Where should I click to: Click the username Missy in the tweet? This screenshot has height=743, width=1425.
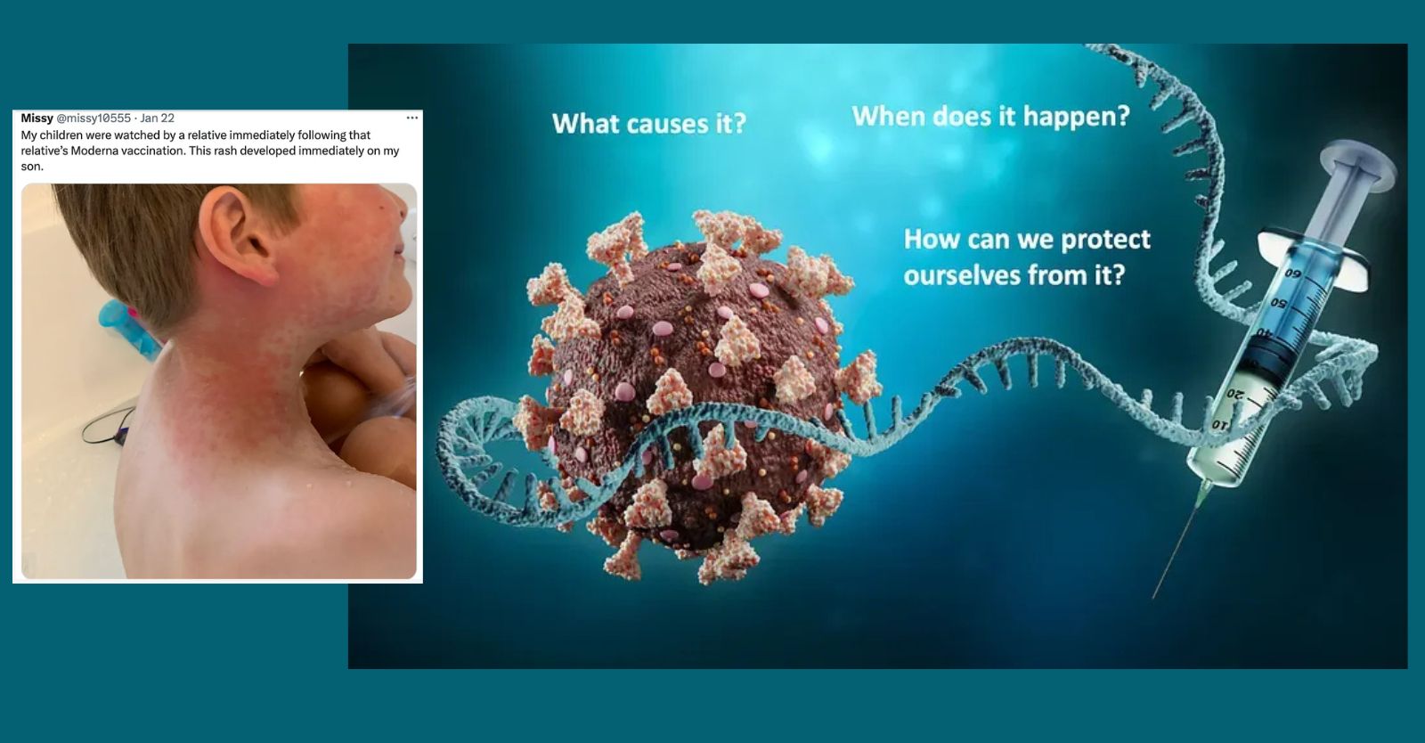click(37, 118)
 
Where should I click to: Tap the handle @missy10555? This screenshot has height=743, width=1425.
click(94, 118)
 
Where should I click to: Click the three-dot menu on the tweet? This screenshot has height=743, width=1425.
click(412, 118)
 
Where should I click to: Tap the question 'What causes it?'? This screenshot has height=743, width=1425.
click(649, 123)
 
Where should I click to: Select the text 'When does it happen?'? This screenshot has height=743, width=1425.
click(990, 116)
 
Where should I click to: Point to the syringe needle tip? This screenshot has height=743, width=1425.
click(1153, 598)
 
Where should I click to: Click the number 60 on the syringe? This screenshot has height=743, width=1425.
click(1292, 274)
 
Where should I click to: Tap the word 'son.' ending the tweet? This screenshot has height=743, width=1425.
click(32, 167)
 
